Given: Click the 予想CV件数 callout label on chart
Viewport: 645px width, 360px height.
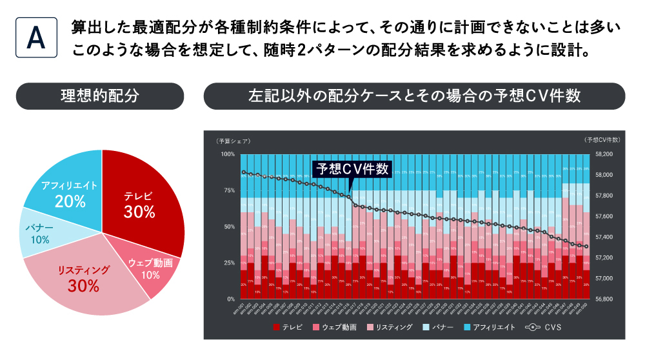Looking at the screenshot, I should click(x=352, y=169).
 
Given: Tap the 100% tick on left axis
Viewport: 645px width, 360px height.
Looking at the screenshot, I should click(x=228, y=154).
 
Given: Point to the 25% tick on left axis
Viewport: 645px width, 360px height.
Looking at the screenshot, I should click(x=229, y=263).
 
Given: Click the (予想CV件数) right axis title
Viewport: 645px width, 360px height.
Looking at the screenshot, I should click(x=602, y=140).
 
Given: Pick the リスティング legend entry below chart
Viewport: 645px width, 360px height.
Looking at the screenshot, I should click(x=390, y=327).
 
